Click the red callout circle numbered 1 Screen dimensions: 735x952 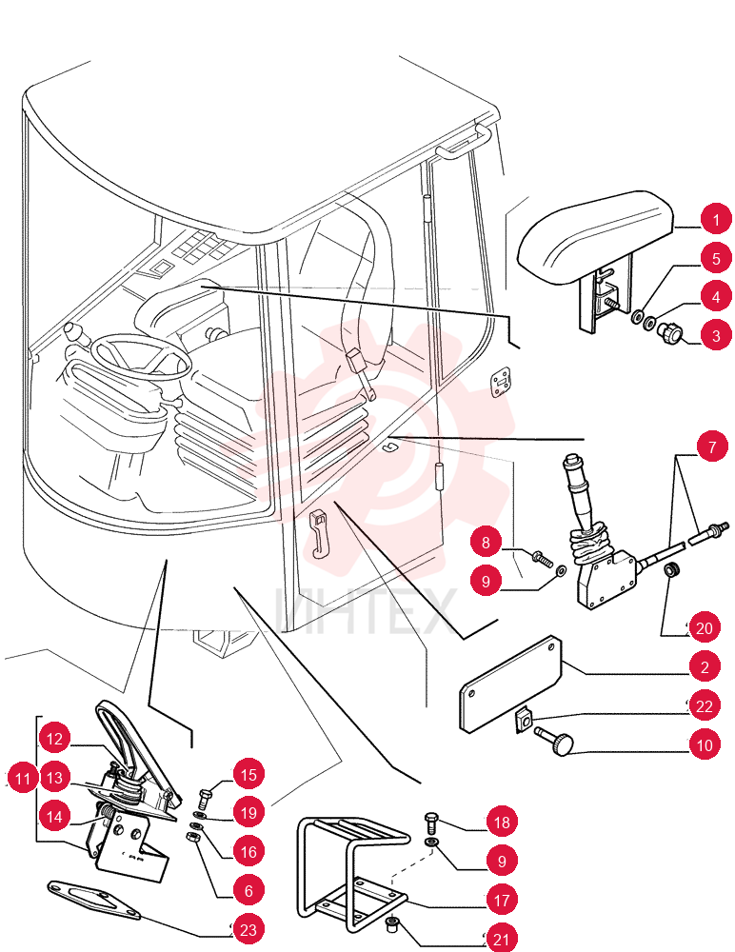click(716, 219)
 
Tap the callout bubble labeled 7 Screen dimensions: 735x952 click(712, 446)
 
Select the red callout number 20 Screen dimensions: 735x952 click(704, 627)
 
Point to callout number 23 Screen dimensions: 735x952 click(248, 929)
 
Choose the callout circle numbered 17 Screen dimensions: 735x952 click(501, 900)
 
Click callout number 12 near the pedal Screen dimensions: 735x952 click(54, 739)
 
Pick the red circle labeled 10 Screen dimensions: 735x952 click(704, 744)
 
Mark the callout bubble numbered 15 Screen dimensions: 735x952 click(248, 774)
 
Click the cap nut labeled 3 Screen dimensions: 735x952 click(670, 331)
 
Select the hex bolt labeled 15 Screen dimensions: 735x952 click(205, 797)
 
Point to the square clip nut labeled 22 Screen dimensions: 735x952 click(523, 721)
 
